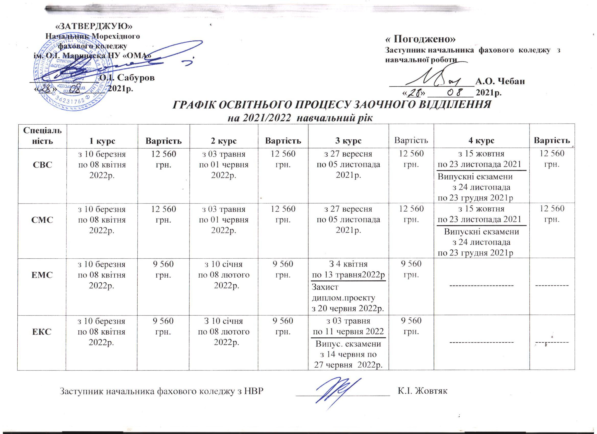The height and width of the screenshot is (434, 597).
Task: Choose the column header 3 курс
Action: pos(348,141)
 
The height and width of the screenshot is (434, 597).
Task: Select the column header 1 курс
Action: pos(102,141)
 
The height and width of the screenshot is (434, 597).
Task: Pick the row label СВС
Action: pos(42,164)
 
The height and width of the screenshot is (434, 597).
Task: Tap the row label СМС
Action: pos(42,220)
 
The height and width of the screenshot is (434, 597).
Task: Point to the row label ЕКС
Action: pos(42,332)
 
